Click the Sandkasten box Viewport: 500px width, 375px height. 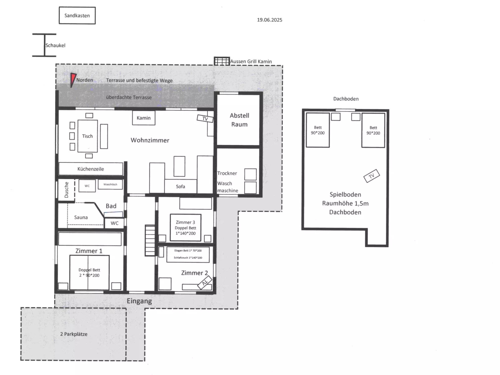point(77,16)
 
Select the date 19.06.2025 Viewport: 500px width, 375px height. point(270,20)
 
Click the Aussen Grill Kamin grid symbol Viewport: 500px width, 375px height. point(222,61)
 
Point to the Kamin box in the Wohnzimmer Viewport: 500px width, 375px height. point(144,118)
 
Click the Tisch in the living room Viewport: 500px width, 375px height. point(88,136)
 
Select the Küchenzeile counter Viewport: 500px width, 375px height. point(91,169)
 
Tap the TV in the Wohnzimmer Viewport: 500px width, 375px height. point(205,119)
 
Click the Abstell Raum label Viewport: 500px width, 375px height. point(239,120)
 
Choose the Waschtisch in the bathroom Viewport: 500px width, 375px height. point(110,185)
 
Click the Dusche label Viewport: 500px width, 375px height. point(66,190)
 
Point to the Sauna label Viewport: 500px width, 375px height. point(81,217)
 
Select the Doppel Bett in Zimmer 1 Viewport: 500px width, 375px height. point(89,273)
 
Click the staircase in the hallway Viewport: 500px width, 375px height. point(150,241)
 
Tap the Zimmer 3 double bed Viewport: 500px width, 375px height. point(186,228)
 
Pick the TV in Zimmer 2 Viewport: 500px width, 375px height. point(205,283)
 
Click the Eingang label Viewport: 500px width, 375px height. point(139,301)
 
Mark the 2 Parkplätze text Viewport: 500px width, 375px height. point(74,334)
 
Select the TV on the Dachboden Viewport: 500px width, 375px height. point(371,176)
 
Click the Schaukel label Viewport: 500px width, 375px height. point(55,45)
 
